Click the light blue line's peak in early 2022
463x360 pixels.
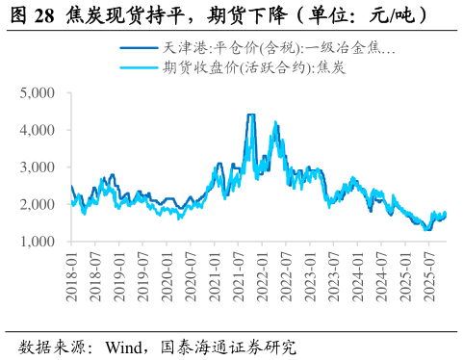pyautogui.click(x=276, y=123)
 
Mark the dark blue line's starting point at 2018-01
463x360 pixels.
pyautogui.click(x=71, y=187)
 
